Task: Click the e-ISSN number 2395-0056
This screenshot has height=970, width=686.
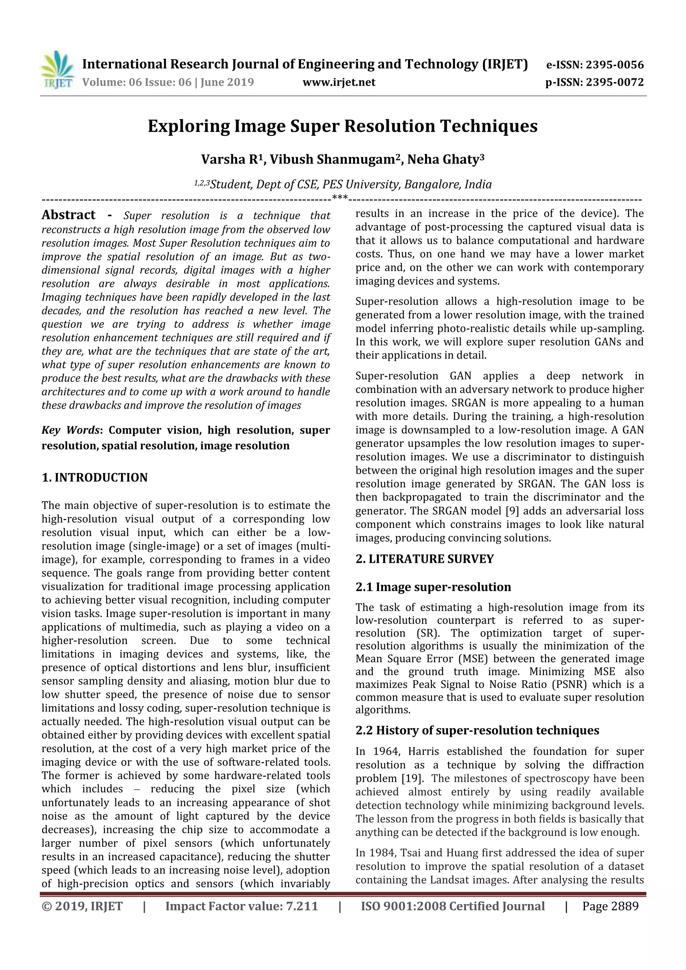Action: [615, 65]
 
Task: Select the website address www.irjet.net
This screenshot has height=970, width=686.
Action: [339, 82]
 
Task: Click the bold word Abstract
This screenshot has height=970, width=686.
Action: [68, 215]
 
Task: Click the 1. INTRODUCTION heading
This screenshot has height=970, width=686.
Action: [95, 478]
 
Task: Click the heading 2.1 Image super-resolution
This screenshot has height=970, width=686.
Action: [433, 587]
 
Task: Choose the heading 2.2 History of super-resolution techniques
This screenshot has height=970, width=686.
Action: [477, 731]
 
